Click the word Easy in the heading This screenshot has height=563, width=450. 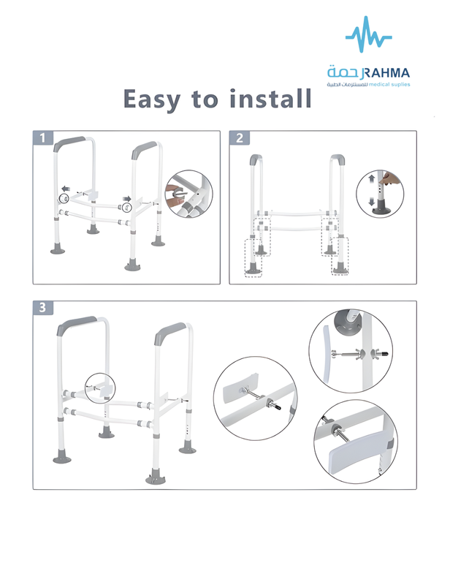coord(151,99)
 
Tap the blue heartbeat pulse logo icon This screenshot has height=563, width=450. coord(368,34)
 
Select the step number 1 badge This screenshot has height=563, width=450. coord(42,137)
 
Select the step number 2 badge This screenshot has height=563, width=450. coord(240,137)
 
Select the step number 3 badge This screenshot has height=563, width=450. coord(42,308)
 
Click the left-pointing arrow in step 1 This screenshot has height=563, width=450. coord(66,189)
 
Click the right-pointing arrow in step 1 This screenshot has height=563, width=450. coord(126,199)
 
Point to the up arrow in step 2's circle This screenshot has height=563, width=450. coord(371,178)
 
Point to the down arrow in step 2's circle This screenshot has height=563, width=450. coord(371,202)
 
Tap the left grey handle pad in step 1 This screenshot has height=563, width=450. coord(69,143)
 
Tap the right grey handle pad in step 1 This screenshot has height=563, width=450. coord(143,149)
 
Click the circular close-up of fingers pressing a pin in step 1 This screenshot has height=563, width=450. coord(188,194)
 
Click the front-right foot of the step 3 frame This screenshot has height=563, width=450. coord(156,477)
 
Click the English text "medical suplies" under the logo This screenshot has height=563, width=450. coord(389,85)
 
